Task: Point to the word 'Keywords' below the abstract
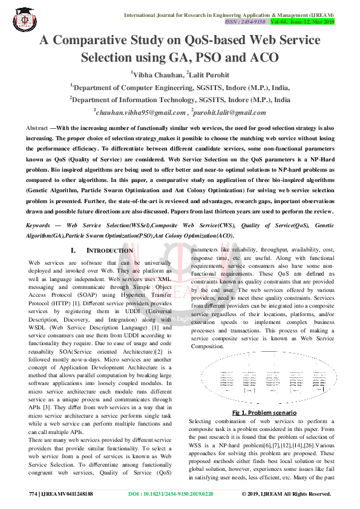38,225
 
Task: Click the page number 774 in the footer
33,494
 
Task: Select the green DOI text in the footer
171,494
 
